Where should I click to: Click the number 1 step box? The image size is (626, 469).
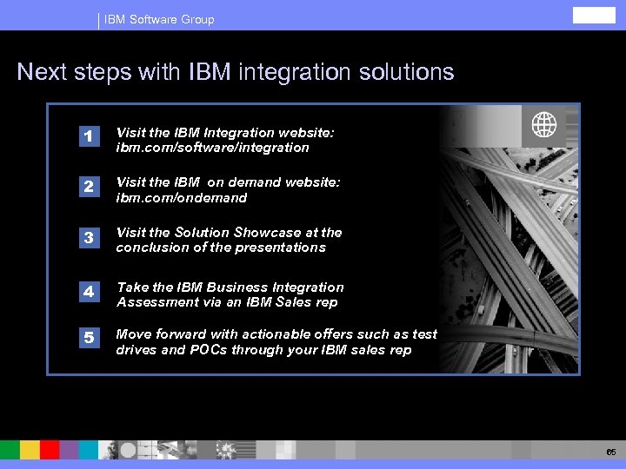(88, 136)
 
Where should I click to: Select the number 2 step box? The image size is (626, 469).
(88, 187)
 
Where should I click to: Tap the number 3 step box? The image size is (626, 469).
(88, 237)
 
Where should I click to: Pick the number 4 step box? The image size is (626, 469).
(88, 292)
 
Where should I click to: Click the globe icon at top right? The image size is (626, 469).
(544, 126)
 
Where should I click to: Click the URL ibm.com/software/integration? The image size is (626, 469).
(212, 148)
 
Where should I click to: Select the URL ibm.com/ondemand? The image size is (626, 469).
(182, 198)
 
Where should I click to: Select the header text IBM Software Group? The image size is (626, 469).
(159, 19)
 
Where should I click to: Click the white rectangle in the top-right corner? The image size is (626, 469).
(593, 15)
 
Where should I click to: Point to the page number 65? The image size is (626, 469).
(610, 452)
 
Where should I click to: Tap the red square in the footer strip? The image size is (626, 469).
(50, 450)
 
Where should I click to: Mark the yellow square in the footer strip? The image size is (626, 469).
(30, 450)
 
